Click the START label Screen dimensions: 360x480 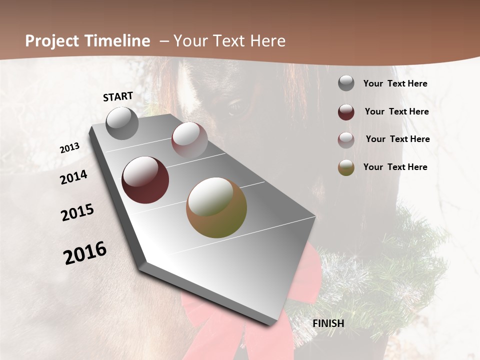pos(118,96)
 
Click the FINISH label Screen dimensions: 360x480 pos(328,323)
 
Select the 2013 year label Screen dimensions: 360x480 pos(70,147)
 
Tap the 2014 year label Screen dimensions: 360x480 pos(74,177)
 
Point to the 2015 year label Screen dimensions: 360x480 pos(77,212)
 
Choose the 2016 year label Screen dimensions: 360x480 pos(85,252)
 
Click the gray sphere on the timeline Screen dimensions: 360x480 pos(122,123)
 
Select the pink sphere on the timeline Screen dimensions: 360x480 pos(189,140)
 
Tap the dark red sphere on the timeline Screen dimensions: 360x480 pos(145,180)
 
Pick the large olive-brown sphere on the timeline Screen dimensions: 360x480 pos(216,207)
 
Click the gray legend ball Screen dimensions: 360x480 pos(346,83)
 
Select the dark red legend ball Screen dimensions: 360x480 pos(346,112)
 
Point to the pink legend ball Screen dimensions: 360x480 pos(346,140)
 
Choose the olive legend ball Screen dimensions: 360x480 pos(346,167)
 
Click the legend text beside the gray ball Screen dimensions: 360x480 pos(395,83)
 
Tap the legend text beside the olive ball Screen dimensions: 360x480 pos(395,167)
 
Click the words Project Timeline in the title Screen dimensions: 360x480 pos(87,41)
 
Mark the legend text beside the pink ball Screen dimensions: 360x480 pos(397,139)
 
